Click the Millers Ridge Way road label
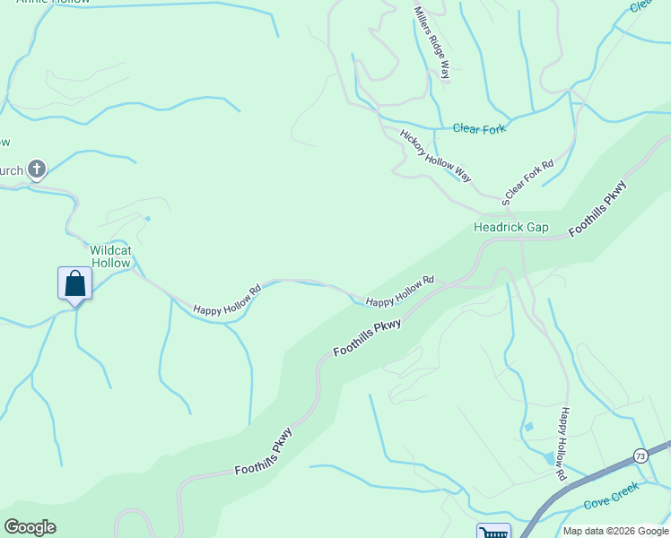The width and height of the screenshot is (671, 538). point(431,42)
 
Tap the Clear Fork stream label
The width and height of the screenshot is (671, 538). point(479,129)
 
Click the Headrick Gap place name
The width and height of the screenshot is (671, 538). point(510,228)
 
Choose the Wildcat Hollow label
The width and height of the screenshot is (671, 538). point(109,256)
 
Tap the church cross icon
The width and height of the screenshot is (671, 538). point(37,169)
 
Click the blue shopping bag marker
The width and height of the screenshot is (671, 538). point(75,283)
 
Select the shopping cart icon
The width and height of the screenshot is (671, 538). point(493,533)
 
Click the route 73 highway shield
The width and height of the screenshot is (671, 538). point(640,456)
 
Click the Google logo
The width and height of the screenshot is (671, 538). point(30,527)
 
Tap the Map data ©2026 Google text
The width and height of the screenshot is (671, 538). point(614,531)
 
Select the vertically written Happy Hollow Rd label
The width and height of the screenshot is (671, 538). point(562,442)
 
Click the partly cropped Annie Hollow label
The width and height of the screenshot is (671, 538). point(54,2)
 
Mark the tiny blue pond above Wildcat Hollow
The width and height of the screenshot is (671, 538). point(147,218)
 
